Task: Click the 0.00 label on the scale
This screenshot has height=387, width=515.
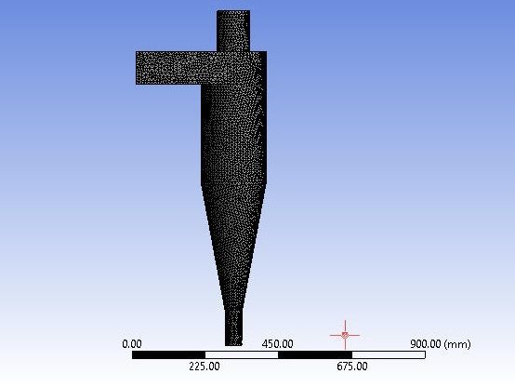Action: coord(132,343)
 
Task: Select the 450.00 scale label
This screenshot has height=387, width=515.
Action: coord(277,343)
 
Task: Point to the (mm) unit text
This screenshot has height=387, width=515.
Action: coord(458,343)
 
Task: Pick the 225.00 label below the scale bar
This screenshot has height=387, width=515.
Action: coord(205,366)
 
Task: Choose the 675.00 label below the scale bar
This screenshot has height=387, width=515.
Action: coord(351,366)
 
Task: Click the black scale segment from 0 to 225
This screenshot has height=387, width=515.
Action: coord(168,354)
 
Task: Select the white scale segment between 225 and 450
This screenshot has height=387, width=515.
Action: coord(241,354)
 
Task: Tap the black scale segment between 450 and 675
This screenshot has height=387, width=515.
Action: coord(314,354)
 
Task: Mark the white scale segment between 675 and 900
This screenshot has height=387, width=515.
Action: coord(388,354)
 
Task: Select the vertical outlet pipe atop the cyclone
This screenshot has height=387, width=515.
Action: coord(233,31)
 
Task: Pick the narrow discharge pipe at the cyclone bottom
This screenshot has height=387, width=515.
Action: coord(233,326)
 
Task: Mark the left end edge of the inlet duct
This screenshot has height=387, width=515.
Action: coord(138,68)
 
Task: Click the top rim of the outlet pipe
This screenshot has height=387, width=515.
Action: coord(233,11)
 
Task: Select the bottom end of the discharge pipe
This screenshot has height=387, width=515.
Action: coord(233,341)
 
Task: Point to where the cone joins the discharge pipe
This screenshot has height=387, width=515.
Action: coord(233,310)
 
